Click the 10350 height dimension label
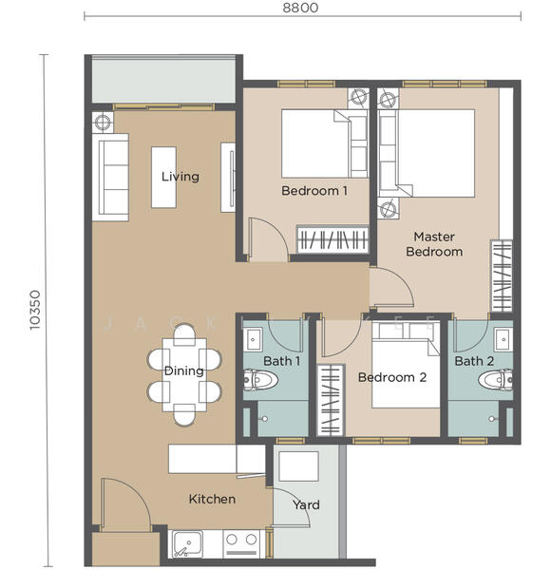(35, 308)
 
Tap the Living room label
(180, 177)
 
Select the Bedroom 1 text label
(313, 191)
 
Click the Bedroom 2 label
(391, 377)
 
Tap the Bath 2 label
(473, 361)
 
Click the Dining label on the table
(183, 370)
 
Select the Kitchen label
(212, 499)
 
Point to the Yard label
(306, 504)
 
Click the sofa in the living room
(109, 177)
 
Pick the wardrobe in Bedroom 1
(332, 238)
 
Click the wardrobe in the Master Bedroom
(502, 276)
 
